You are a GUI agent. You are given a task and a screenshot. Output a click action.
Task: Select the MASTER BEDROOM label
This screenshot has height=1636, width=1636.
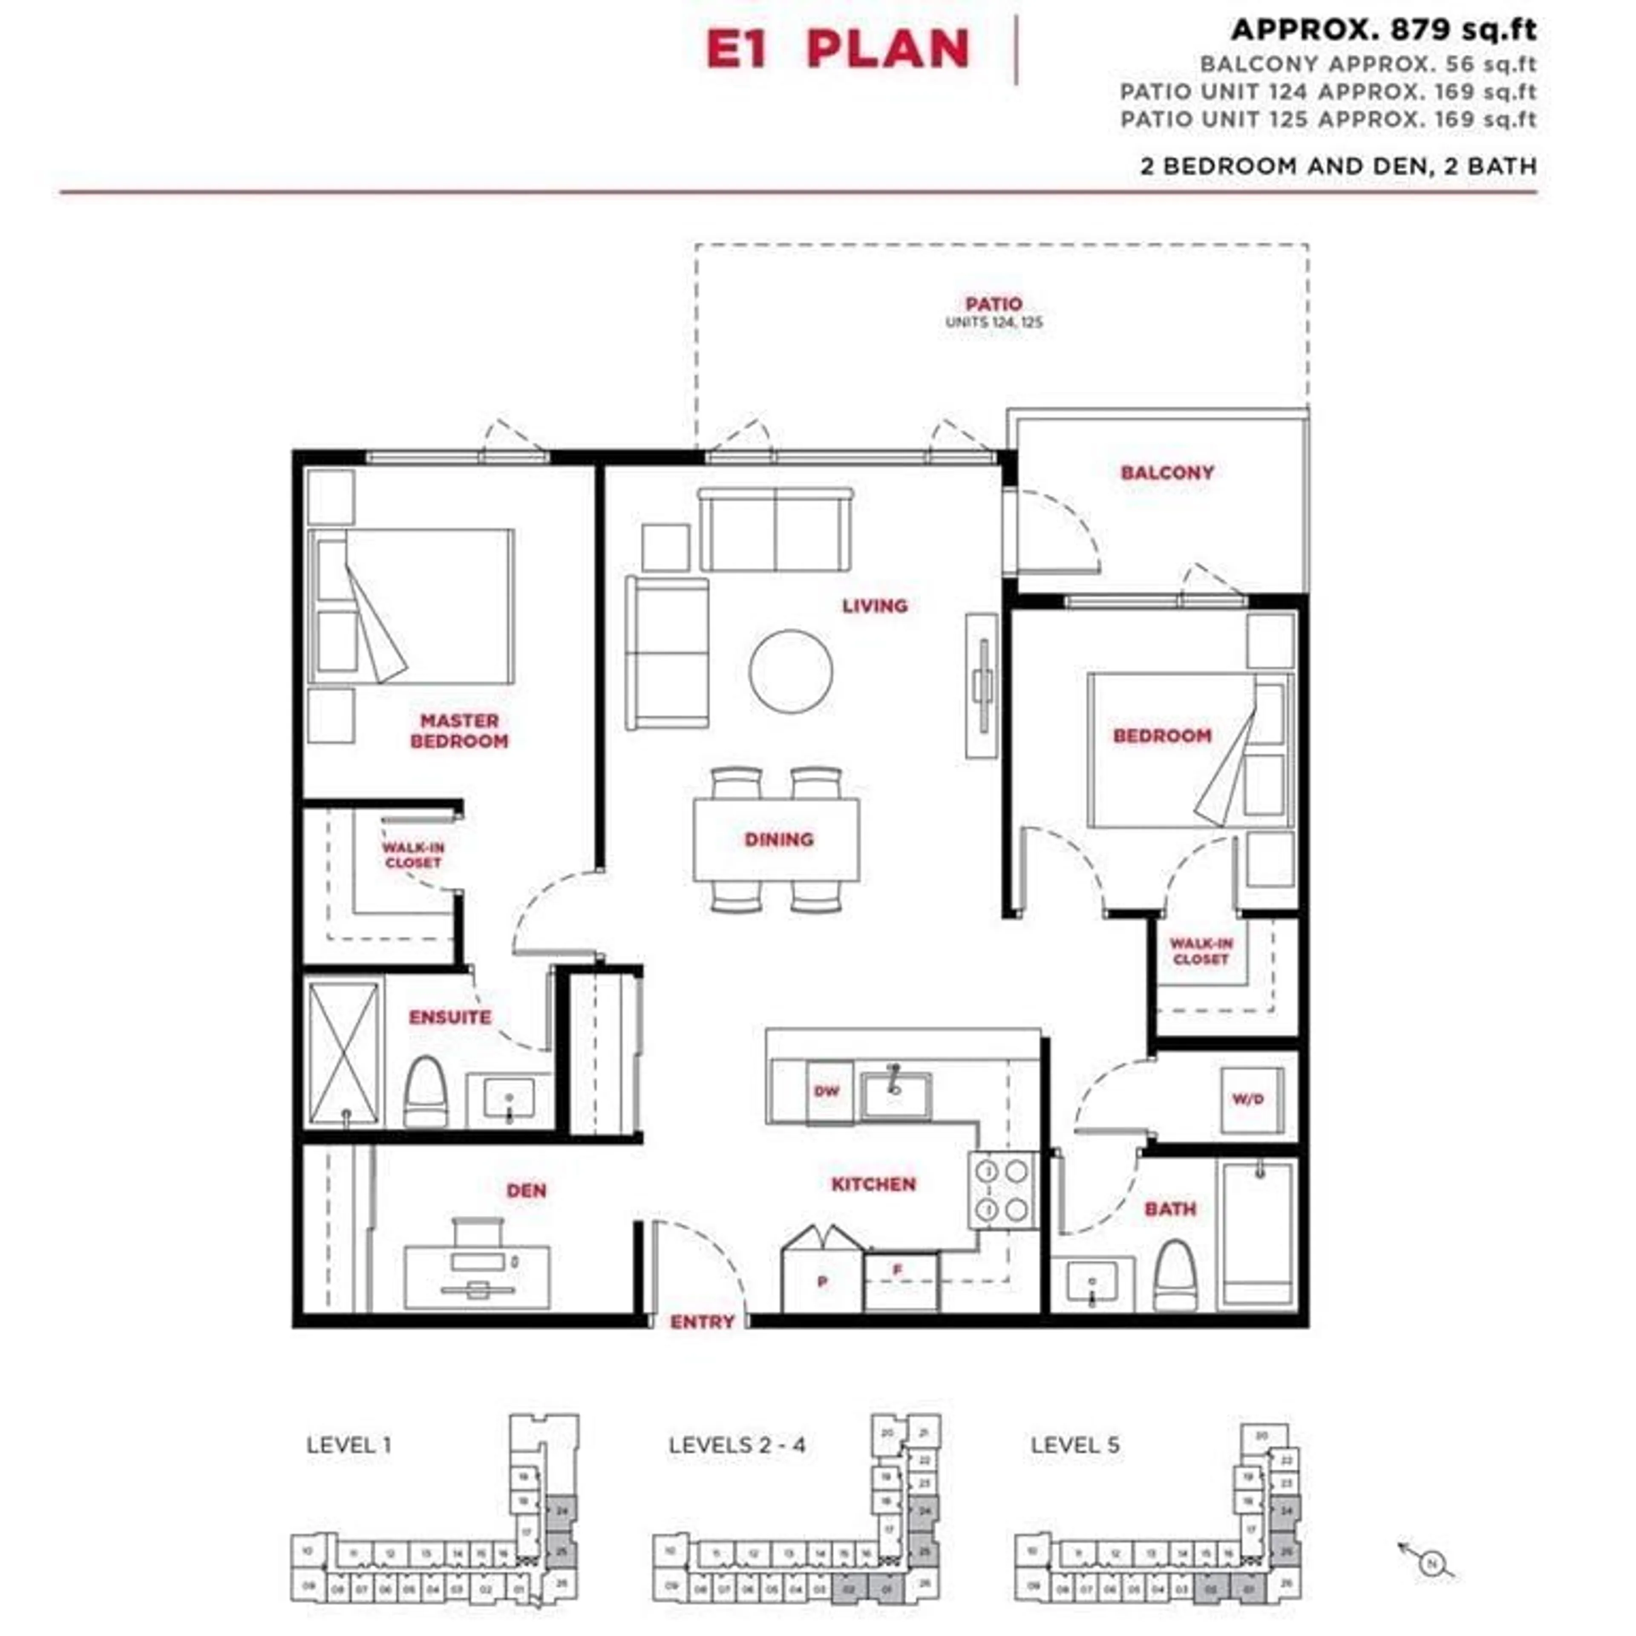pos(459,731)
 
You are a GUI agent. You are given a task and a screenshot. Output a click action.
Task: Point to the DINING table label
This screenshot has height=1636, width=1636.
pos(778,839)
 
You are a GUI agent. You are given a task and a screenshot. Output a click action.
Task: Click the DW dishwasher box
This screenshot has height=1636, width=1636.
pos(827,1092)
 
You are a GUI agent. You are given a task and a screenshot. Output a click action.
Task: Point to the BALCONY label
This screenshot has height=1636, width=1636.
pos(1167,472)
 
